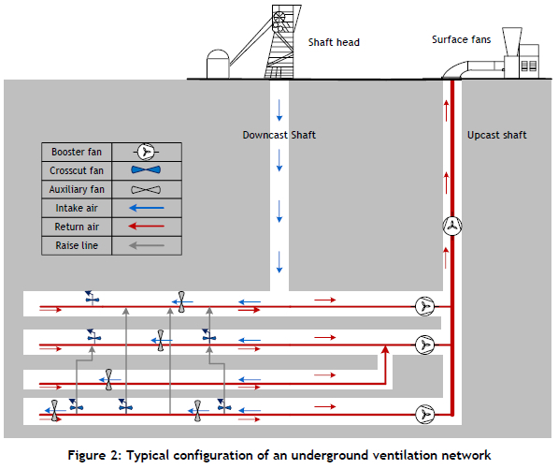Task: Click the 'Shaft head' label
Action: click(x=334, y=42)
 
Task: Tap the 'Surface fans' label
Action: click(x=461, y=39)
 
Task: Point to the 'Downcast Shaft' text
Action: click(x=279, y=135)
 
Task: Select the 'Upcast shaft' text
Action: click(x=497, y=135)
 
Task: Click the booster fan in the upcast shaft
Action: click(x=452, y=226)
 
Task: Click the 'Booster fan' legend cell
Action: click(x=77, y=152)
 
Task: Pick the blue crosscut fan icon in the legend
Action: click(x=146, y=170)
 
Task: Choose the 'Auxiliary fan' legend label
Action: click(x=77, y=189)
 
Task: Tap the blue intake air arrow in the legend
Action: click(x=146, y=208)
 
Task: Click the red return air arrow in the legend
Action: click(x=146, y=227)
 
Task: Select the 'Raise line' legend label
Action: click(x=77, y=245)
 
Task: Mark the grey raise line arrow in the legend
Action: click(x=146, y=245)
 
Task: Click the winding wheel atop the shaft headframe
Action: click(x=279, y=17)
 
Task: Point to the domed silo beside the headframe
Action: click(x=218, y=64)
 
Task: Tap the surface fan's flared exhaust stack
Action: click(x=512, y=42)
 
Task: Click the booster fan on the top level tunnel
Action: click(x=425, y=306)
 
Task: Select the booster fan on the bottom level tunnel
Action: click(x=425, y=415)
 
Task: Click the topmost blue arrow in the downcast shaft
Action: click(x=279, y=110)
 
